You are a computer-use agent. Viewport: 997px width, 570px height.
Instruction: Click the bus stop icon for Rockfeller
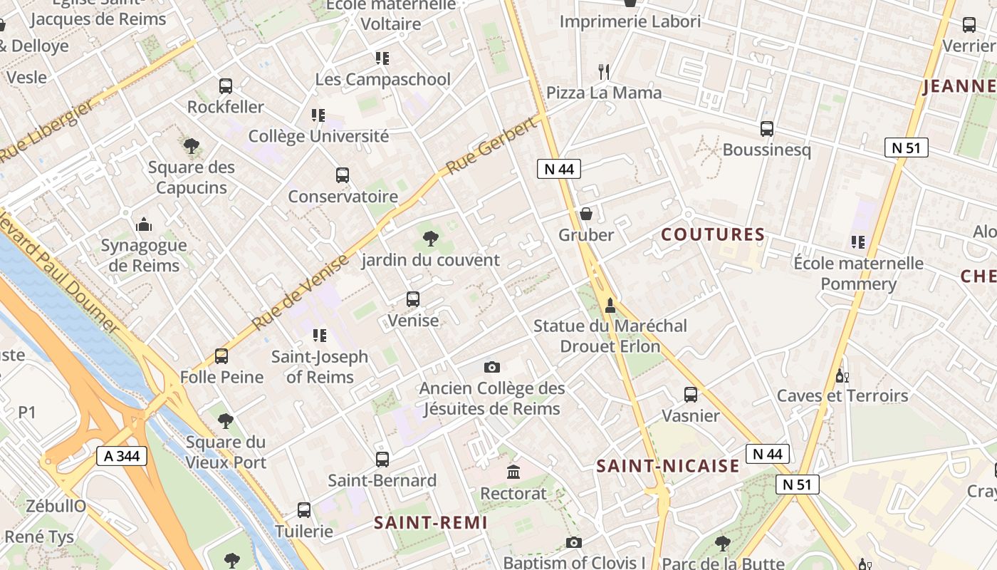226,86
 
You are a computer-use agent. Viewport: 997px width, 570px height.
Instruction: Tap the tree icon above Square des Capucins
191,147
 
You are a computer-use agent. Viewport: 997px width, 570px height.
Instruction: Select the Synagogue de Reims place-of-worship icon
144,224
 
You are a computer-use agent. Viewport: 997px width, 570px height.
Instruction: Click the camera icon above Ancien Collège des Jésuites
491,368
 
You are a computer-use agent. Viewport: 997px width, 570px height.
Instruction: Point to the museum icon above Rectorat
513,472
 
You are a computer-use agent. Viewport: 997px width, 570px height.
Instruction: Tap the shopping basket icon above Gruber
586,214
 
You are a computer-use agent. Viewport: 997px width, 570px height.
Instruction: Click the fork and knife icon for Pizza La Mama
604,71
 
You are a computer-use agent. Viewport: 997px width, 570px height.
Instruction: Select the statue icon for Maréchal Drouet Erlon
610,306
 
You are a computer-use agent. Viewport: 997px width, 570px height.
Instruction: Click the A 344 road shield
122,456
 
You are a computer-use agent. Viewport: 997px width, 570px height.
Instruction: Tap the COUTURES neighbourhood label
713,234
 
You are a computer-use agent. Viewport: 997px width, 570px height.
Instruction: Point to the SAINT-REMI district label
431,522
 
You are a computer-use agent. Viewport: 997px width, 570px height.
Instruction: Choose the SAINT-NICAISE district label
668,466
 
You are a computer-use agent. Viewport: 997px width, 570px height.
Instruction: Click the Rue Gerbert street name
491,147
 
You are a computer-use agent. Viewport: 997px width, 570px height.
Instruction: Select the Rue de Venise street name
300,291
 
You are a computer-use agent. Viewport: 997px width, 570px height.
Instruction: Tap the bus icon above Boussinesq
767,129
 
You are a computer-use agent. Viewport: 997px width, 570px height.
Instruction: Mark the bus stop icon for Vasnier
690,395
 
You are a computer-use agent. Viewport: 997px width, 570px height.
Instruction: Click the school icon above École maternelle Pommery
857,242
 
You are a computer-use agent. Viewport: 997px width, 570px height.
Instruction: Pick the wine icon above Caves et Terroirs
842,375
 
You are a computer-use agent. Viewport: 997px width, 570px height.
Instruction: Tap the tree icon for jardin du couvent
430,239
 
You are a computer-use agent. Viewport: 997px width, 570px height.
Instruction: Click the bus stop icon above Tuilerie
304,510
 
